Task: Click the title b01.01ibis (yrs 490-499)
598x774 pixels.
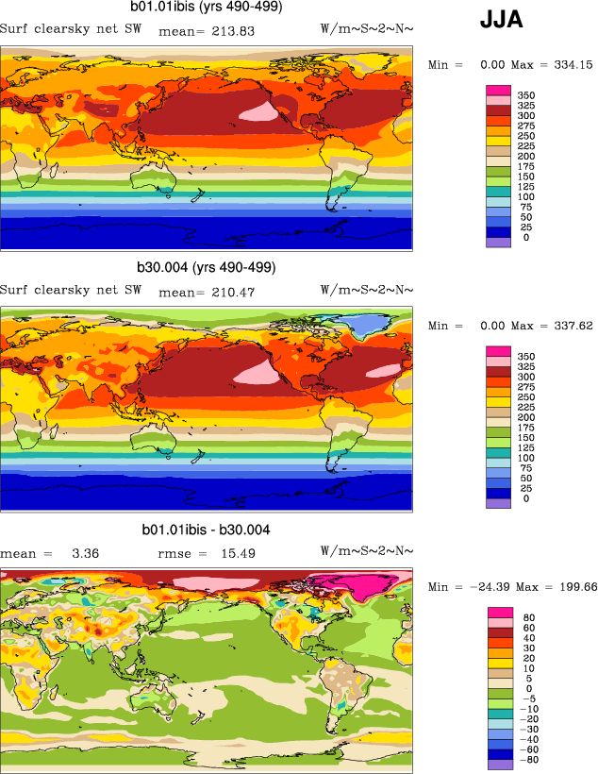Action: [207, 8]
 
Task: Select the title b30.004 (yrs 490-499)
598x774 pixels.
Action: [208, 267]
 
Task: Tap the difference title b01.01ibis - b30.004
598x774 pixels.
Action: [206, 530]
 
